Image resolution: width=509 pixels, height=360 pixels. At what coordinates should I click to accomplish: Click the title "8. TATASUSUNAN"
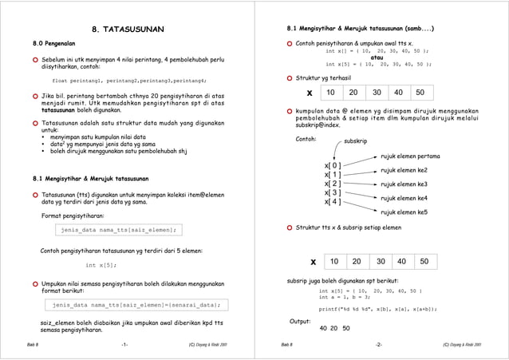click(x=128, y=30)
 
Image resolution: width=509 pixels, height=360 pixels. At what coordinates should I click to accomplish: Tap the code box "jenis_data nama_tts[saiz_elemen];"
click(x=117, y=230)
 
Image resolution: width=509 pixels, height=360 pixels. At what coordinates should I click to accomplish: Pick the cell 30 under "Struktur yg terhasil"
click(x=375, y=93)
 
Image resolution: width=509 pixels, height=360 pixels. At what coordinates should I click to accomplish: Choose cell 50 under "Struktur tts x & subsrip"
click(x=424, y=261)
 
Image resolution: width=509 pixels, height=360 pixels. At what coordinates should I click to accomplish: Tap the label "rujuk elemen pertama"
click(x=410, y=156)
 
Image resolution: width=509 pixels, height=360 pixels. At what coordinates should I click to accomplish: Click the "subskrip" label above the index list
click(x=355, y=140)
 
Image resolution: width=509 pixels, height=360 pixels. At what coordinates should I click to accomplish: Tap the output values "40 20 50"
click(x=334, y=328)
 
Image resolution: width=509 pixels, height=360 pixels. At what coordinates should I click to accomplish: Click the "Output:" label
click(x=299, y=322)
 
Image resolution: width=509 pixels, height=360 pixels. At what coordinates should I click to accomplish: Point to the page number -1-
click(x=124, y=344)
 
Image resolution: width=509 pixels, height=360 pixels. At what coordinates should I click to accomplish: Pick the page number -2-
click(x=378, y=344)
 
